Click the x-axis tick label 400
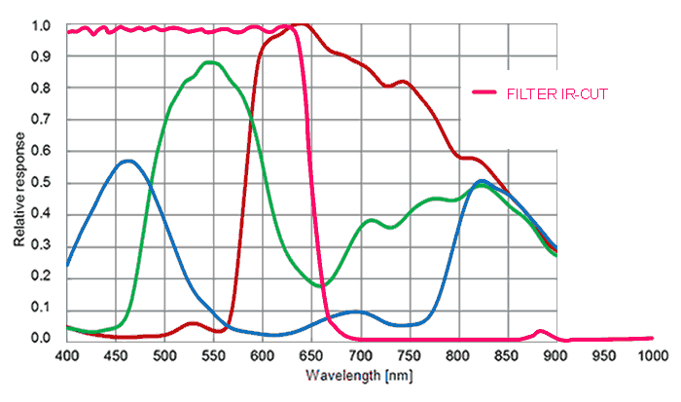(66, 354)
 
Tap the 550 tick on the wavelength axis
(213, 354)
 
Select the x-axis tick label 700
(360, 354)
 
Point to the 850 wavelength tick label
(507, 354)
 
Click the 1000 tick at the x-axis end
(653, 354)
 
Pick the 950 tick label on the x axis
(604, 354)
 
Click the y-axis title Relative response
(19, 184)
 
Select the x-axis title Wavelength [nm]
(351, 375)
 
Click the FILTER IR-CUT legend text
(557, 92)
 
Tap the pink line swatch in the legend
(485, 92)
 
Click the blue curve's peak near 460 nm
(126, 161)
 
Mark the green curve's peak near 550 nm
(210, 62)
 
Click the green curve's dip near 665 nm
(326, 285)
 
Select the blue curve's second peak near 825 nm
(483, 181)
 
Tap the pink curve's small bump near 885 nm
(541, 332)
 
